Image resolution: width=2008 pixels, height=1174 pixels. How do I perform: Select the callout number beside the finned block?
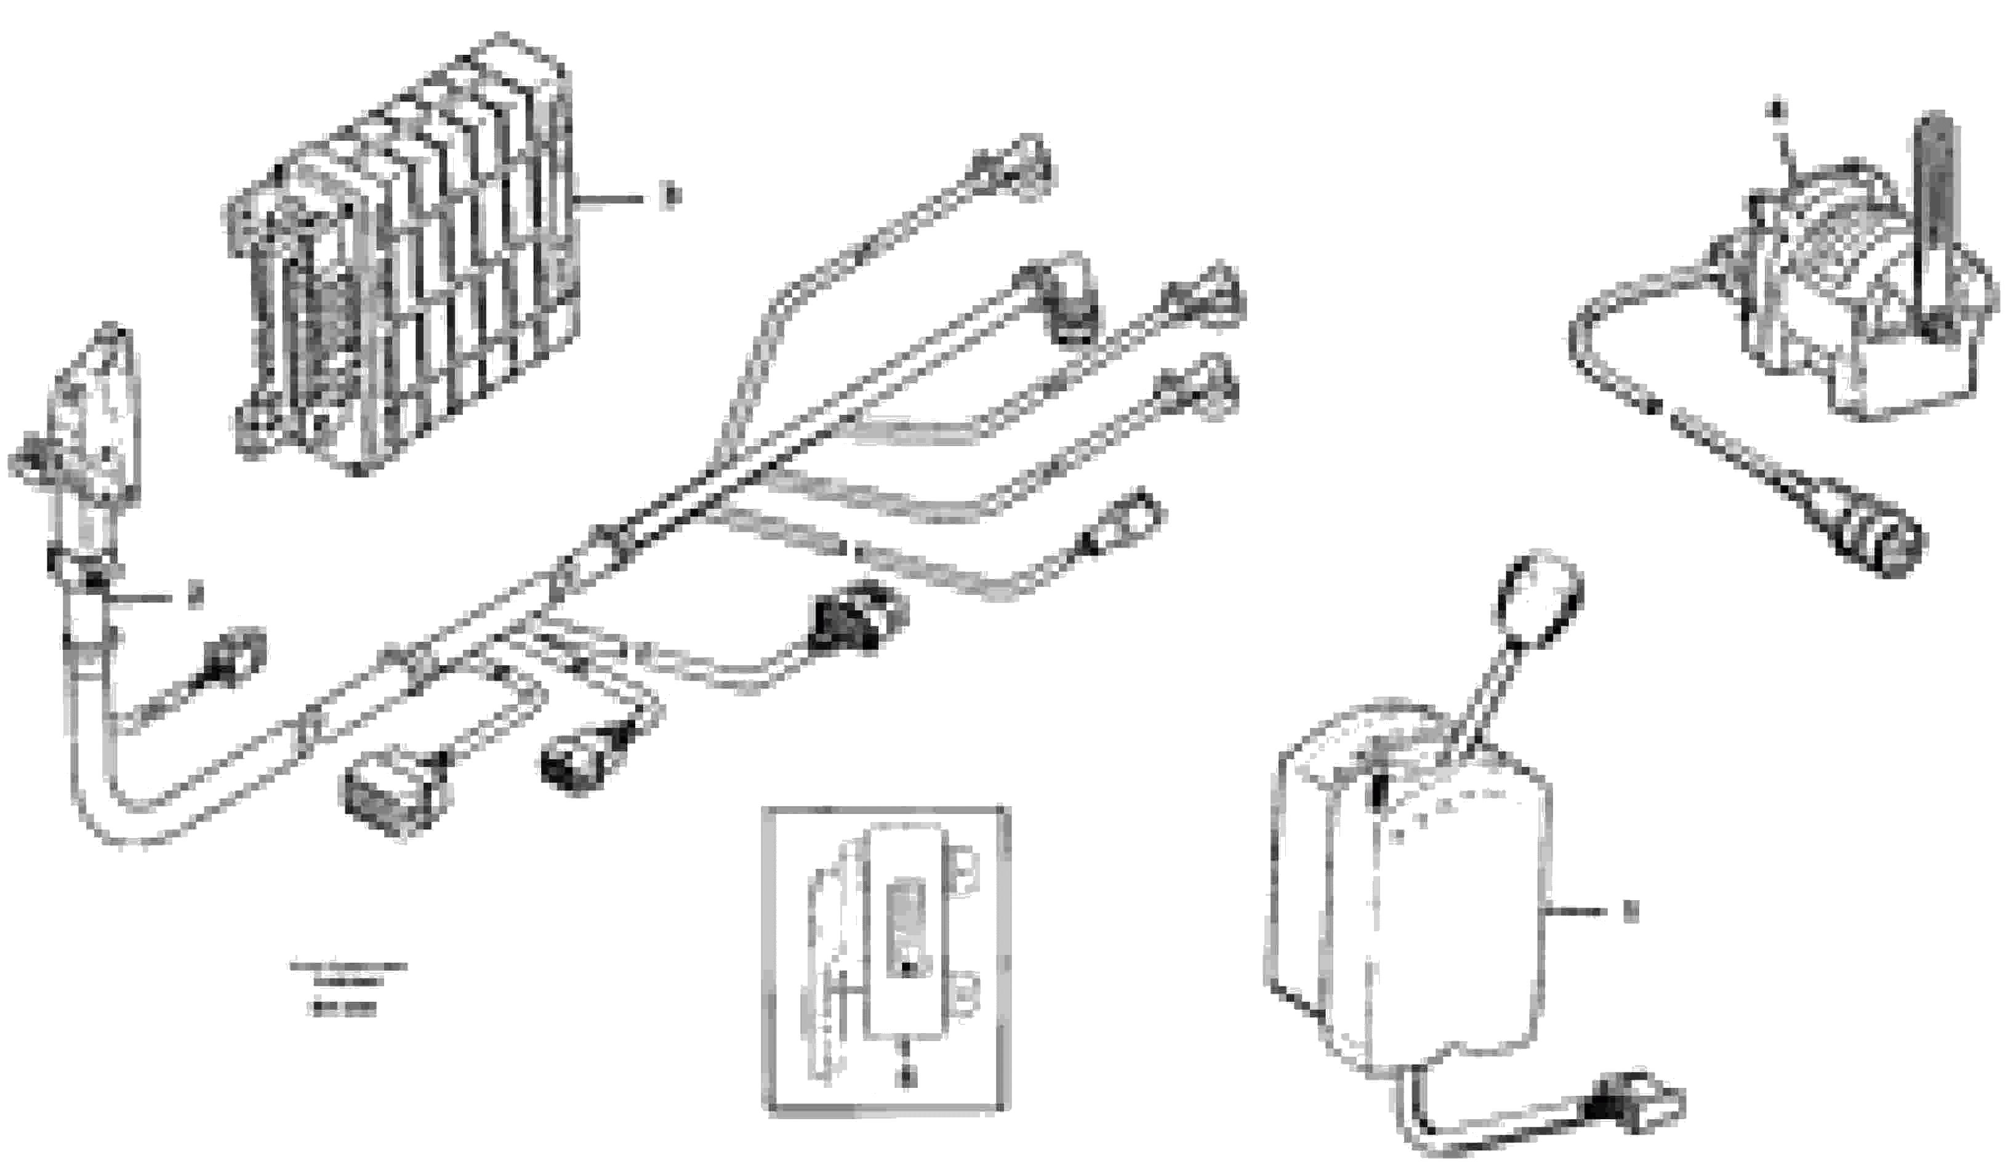point(671,196)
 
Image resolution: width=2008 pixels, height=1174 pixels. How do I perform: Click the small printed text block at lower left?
point(347,987)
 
